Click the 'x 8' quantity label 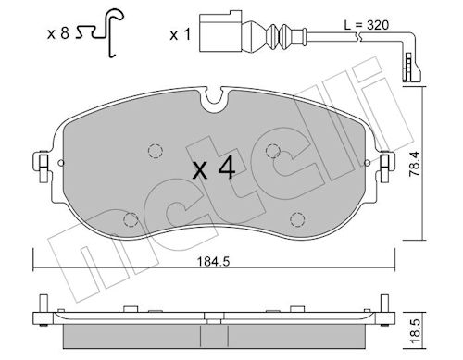(x=58, y=33)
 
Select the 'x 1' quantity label (x=181, y=35)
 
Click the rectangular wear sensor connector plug (x=220, y=31)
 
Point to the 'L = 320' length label (x=367, y=25)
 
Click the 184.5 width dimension (x=213, y=262)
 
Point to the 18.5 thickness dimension (x=416, y=330)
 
